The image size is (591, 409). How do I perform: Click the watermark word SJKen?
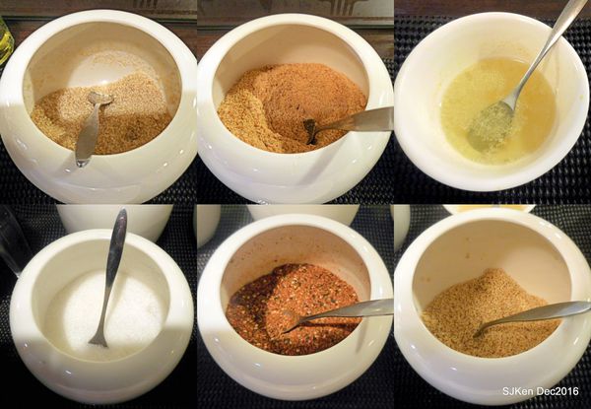[x=518, y=391]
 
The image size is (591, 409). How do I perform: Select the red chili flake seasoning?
[x=294, y=309]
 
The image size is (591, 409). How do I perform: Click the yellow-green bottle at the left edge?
[x=5, y=41]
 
